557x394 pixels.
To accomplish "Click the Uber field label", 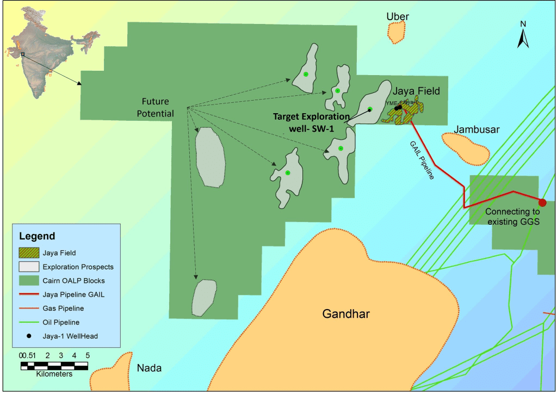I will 397,17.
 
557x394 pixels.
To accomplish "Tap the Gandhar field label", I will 345,314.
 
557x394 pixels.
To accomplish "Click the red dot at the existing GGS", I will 542,202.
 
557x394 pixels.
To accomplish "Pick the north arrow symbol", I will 523,35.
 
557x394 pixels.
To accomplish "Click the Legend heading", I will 37,236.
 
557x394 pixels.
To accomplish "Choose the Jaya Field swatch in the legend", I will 28,253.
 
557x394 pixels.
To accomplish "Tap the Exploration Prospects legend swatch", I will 28,267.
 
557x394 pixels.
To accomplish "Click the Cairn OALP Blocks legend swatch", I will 28,281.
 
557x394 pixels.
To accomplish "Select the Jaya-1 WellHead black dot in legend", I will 28,336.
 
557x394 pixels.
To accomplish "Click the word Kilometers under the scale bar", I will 54,374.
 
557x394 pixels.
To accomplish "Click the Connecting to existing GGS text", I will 512,217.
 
